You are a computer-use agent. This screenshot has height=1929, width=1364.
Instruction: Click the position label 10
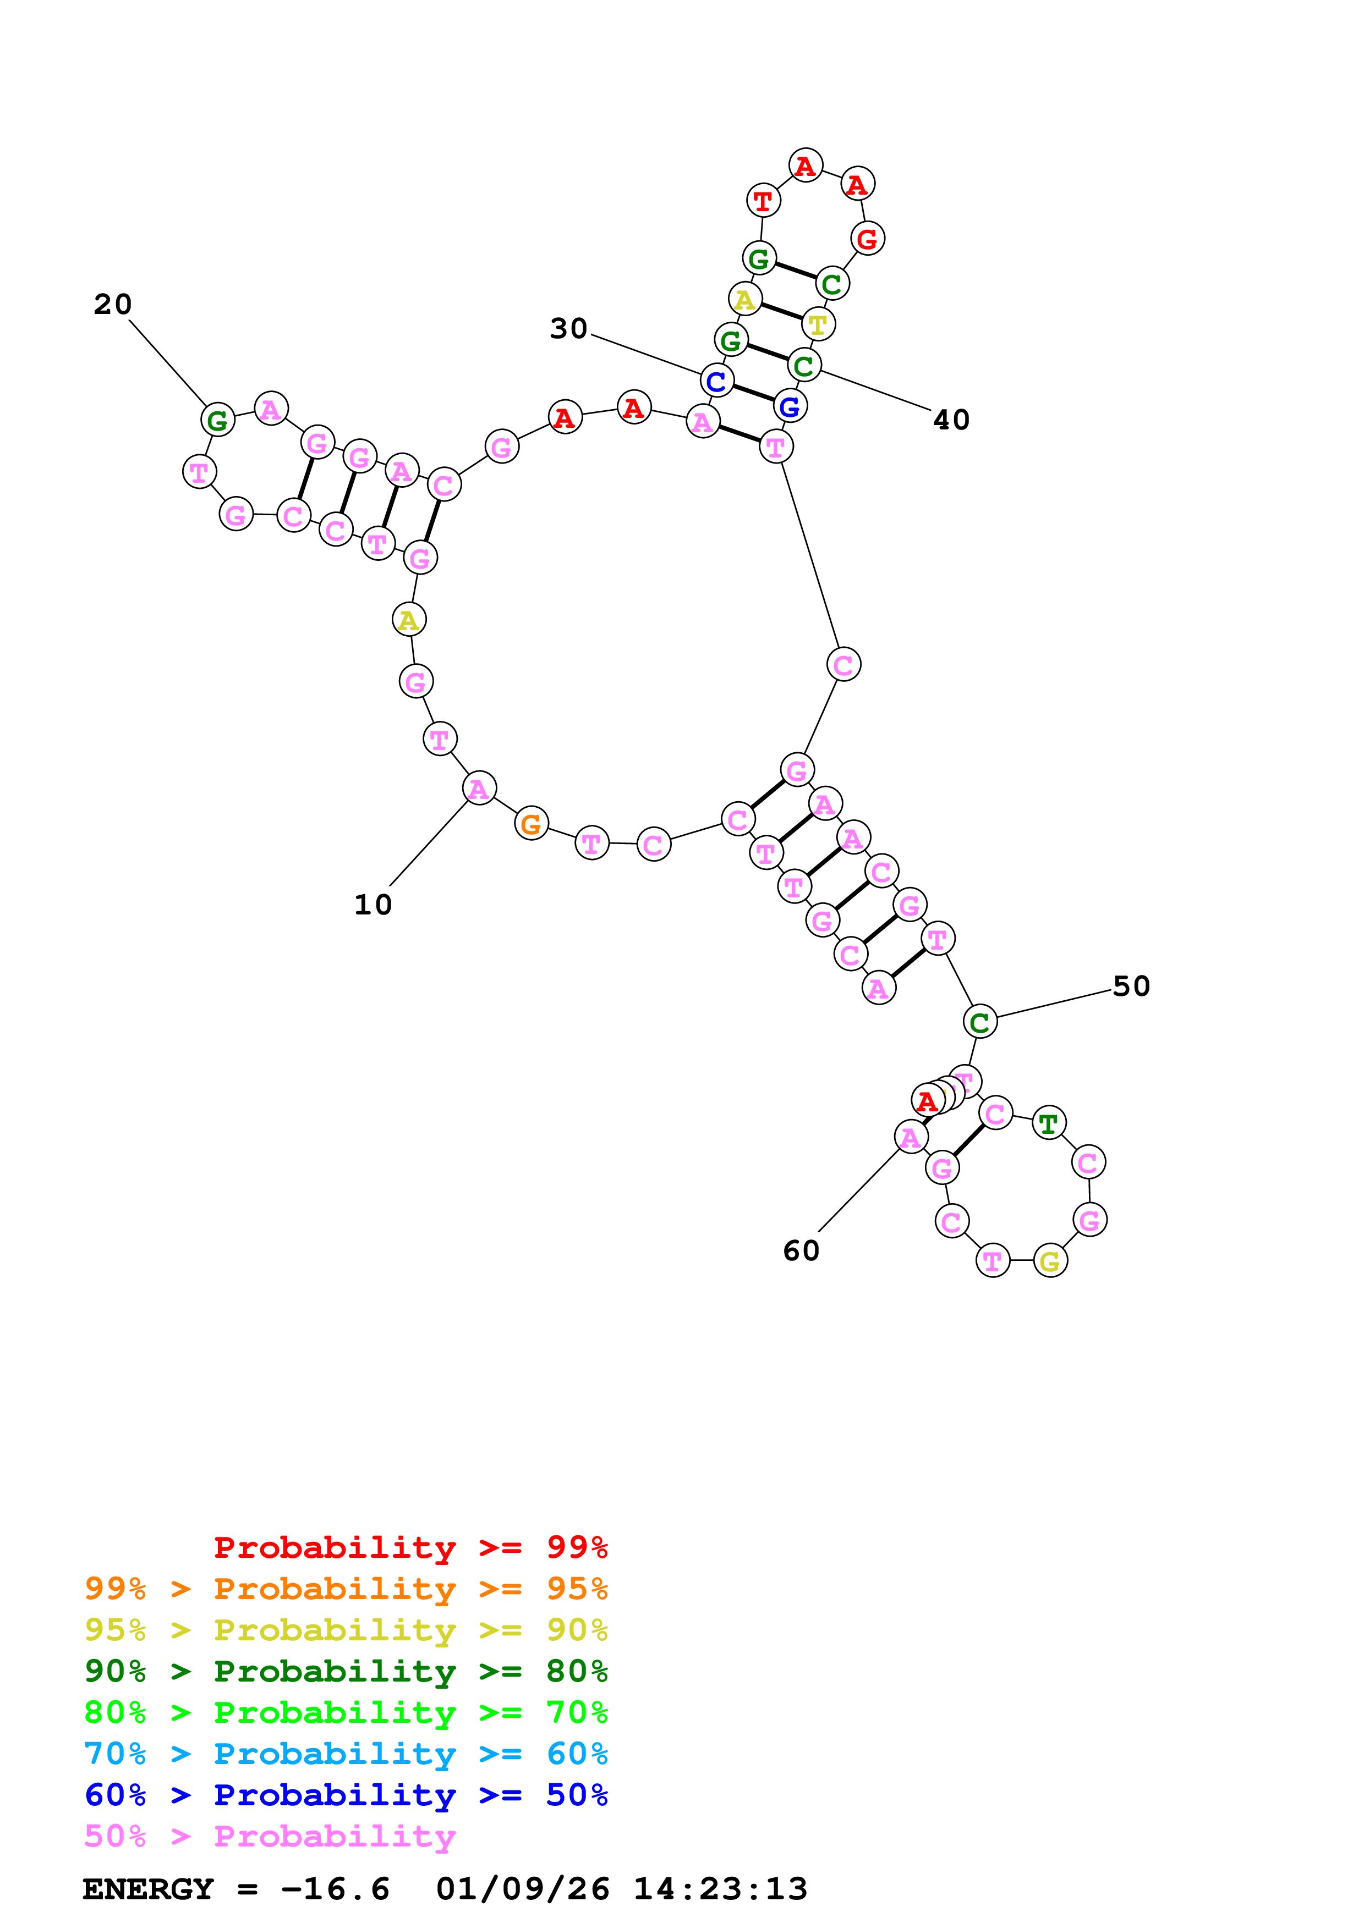373,905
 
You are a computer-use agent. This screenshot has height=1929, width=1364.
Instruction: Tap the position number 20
113,304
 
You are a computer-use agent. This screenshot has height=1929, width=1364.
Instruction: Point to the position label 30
568,328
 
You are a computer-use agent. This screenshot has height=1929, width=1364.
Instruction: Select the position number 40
951,419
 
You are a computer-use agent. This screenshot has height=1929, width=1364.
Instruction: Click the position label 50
1131,985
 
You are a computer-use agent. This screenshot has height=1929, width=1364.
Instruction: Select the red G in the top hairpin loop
867,239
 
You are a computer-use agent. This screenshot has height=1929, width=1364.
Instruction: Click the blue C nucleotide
716,382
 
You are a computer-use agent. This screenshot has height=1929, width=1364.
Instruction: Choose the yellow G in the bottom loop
1050,1260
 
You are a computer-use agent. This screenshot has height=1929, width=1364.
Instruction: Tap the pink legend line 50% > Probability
269,1837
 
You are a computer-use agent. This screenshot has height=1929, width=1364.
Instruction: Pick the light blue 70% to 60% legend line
346,1754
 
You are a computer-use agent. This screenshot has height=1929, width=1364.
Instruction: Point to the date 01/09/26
523,1889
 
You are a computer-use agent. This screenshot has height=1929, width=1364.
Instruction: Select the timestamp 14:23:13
720,1889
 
